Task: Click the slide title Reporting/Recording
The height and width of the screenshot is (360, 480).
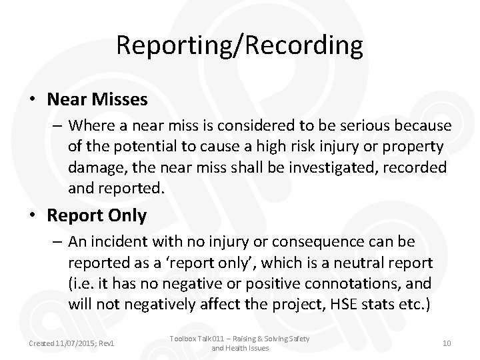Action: point(240,45)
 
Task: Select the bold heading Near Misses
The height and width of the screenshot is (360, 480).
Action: point(97,100)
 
